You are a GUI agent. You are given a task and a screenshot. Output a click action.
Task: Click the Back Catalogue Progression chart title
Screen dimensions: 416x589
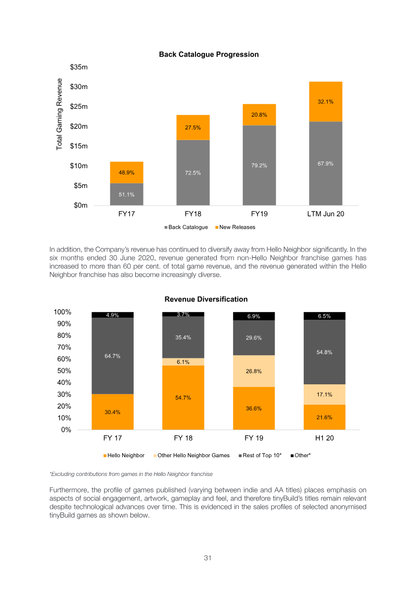point(209,55)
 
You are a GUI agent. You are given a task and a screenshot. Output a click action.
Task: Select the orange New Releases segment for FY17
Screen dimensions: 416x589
point(126,172)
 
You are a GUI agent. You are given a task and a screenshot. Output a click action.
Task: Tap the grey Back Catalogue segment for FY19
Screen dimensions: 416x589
point(259,165)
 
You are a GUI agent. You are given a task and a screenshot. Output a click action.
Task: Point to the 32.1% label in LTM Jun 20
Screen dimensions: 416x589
point(326,102)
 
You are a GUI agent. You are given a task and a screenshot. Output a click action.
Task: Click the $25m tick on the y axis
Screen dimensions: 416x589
point(79,107)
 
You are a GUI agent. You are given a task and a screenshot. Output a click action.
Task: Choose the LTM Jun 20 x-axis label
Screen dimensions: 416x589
point(326,214)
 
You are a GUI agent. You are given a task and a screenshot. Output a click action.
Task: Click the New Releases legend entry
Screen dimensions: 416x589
point(235,227)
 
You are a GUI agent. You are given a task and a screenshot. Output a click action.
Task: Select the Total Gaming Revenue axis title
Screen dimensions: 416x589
point(59,114)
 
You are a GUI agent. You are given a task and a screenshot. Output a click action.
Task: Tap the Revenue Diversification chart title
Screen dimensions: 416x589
point(206,299)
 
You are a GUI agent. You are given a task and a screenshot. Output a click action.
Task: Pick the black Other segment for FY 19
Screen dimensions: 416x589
point(254,316)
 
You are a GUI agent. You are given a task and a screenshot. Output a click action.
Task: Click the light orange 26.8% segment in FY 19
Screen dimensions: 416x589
point(254,371)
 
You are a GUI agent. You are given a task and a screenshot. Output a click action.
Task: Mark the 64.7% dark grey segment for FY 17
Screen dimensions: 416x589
point(112,356)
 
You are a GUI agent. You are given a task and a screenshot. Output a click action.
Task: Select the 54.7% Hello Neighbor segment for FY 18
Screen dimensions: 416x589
point(183,397)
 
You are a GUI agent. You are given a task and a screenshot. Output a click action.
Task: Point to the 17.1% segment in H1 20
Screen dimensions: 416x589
point(324,394)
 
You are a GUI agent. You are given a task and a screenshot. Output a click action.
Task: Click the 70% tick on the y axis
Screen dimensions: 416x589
point(64,347)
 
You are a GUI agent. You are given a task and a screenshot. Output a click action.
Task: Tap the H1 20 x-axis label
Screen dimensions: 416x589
point(324,438)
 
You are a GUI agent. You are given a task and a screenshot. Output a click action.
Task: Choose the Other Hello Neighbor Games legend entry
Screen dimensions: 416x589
point(191,456)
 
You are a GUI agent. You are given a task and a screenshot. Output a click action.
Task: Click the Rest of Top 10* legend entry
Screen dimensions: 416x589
point(260,456)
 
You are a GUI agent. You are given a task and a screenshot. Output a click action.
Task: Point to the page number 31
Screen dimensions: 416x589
point(208,558)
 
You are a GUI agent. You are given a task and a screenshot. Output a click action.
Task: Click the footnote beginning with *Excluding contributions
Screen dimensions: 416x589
point(131,474)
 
